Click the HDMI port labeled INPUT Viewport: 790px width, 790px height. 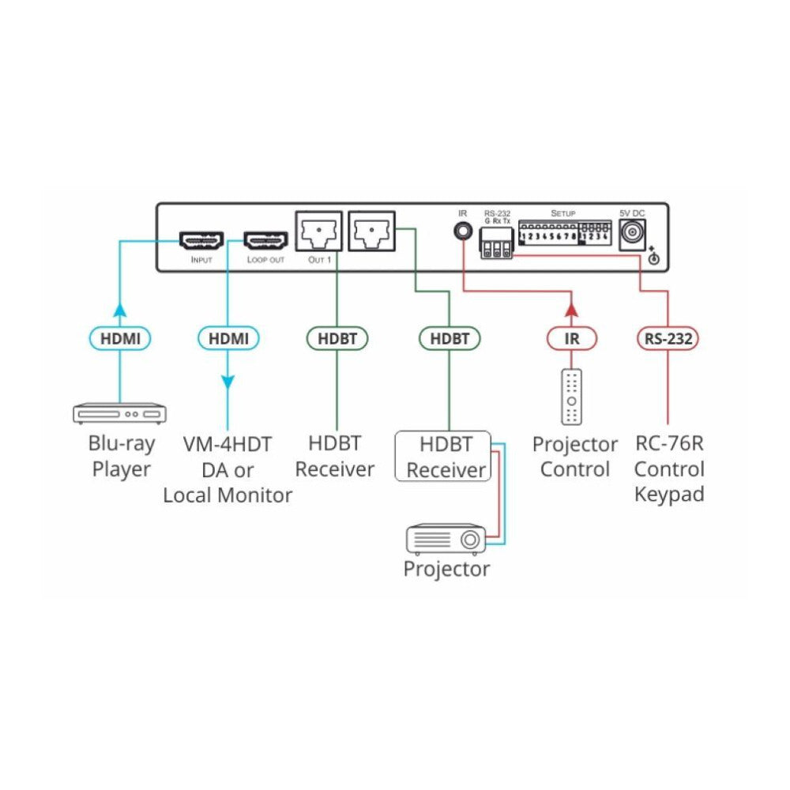[x=201, y=239]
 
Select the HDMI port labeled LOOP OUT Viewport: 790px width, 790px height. [x=265, y=239]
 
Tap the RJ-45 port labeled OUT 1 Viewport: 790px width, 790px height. [x=318, y=231]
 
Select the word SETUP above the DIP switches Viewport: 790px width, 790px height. [x=563, y=214]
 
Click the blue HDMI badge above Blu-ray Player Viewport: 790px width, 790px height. [x=119, y=339]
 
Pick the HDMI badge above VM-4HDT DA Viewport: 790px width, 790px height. [x=228, y=339]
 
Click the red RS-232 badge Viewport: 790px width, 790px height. [x=668, y=339]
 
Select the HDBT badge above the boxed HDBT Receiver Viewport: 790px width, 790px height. [x=449, y=339]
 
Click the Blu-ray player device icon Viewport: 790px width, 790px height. [x=120, y=413]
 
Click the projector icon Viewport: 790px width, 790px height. [x=446, y=538]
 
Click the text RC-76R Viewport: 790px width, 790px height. [x=669, y=444]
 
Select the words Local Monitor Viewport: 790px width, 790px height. [x=228, y=496]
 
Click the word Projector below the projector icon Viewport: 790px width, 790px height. [x=446, y=569]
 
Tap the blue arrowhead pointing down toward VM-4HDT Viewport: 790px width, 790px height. [x=228, y=382]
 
